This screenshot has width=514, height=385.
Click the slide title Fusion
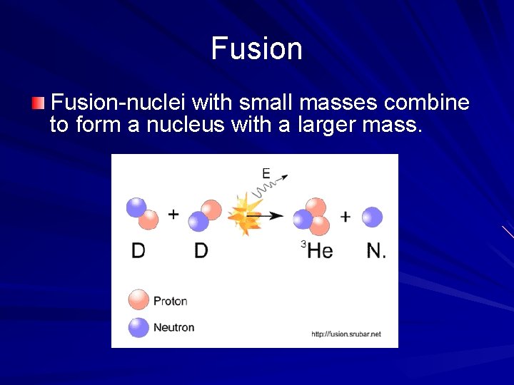[x=257, y=48]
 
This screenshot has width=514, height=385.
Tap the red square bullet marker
[x=38, y=104]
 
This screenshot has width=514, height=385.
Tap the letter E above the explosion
[x=266, y=173]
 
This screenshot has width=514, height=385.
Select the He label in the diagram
[x=320, y=250]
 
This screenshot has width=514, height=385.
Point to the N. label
[x=376, y=250]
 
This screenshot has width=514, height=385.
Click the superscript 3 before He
[x=303, y=245]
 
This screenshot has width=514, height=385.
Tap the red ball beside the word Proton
[x=138, y=300]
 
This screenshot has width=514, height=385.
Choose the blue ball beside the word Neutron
[x=138, y=327]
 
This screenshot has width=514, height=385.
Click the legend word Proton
[x=170, y=301]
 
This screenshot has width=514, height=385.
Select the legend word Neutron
[x=173, y=327]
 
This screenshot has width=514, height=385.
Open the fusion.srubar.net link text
[x=346, y=334]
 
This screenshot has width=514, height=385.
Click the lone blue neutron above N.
[x=372, y=217]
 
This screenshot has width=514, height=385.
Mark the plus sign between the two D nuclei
[x=173, y=214]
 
